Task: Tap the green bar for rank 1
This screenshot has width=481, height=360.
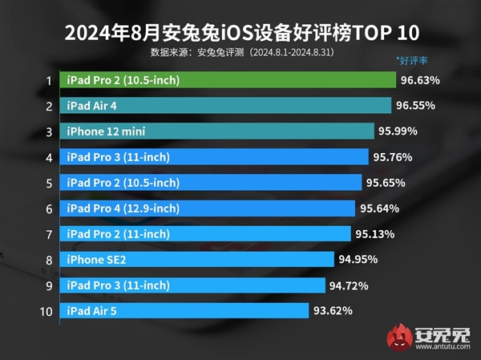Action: [228, 80]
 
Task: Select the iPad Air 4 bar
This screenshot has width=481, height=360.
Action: [224, 106]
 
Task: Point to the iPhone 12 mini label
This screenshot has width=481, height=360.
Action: [106, 131]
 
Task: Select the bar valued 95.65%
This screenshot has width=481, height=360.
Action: [212, 183]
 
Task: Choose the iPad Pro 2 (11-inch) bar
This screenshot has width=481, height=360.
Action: [204, 233]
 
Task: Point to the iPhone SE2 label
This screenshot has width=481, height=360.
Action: [96, 259]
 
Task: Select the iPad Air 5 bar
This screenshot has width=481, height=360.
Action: [184, 310]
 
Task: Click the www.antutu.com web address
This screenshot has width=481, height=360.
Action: [446, 349]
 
